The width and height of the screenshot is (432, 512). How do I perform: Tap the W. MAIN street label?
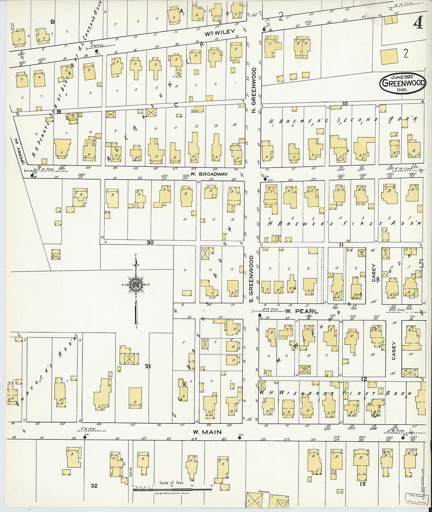click(207, 432)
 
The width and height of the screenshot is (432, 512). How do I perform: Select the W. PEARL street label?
click(297, 311)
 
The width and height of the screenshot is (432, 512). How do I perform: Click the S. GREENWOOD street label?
click(251, 279)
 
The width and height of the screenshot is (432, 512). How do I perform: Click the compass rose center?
click(136, 285)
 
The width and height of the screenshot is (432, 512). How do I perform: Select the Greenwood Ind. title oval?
click(403, 83)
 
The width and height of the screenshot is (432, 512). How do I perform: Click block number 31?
click(148, 366)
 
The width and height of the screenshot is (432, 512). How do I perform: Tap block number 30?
click(150, 242)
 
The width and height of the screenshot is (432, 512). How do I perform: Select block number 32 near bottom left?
click(94, 486)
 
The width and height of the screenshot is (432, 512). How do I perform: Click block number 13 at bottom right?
click(362, 484)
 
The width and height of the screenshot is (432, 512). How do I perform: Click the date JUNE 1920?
click(402, 76)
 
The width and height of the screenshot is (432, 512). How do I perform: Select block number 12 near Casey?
click(364, 379)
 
